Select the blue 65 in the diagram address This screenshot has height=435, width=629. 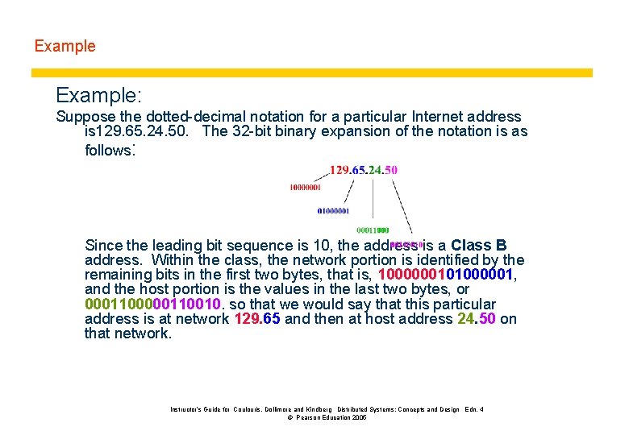pos(359,170)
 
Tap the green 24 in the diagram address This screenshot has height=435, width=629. pos(375,170)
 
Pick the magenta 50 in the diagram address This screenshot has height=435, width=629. pos(390,170)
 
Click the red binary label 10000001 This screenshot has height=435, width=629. pos(305,188)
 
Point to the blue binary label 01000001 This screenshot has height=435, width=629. pos(333,211)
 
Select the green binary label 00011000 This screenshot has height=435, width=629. pos(372,230)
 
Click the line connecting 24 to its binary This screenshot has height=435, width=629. pos(373,201)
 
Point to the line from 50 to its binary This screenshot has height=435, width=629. pos(402,205)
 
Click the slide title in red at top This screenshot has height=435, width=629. pos(65,46)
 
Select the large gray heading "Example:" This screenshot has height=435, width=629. pos(99,96)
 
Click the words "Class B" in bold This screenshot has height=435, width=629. pos(479,245)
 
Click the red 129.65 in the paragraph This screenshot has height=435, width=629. pos(256,319)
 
